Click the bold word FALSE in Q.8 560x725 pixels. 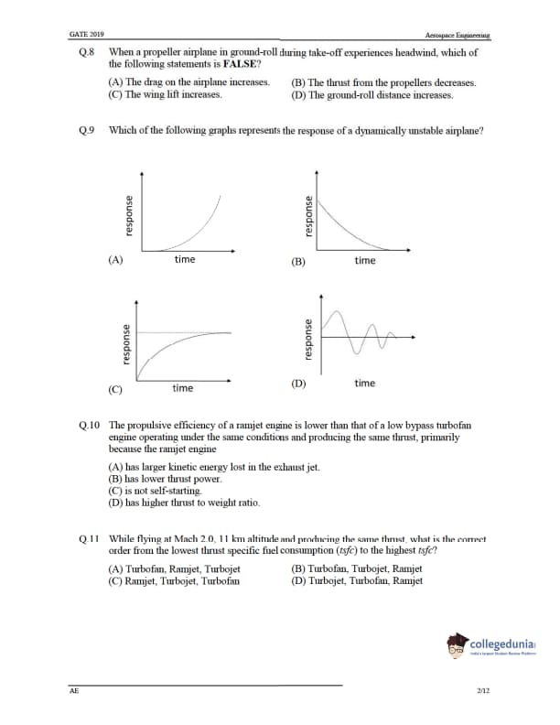[x=242, y=65]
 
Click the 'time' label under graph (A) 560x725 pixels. [x=184, y=260]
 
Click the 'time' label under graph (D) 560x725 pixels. [x=364, y=383]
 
